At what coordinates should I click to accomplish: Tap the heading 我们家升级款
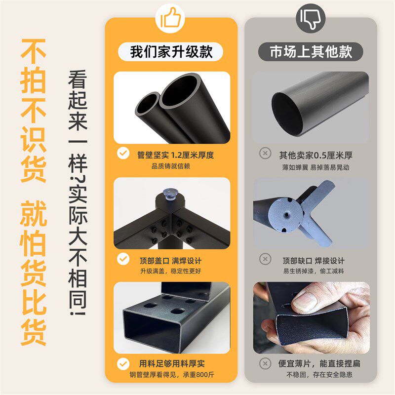[171, 51]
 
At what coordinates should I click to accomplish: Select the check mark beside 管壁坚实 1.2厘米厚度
[122, 155]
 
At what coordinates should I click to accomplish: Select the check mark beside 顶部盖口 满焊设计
[122, 260]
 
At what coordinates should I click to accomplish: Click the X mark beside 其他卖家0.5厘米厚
[265, 155]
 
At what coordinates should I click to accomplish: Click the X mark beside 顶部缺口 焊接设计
[265, 260]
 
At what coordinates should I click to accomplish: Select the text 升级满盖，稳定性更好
[171, 271]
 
